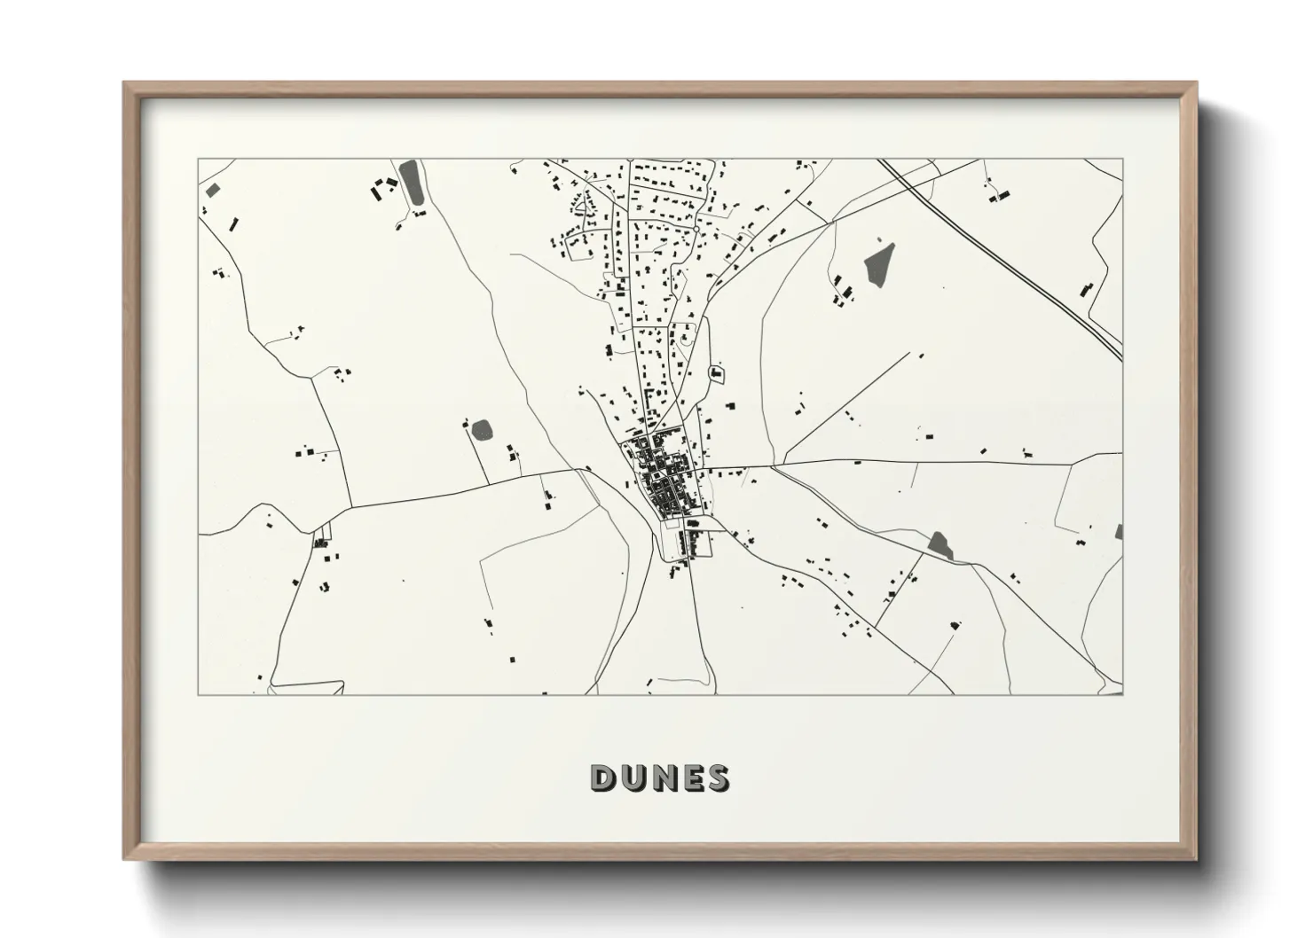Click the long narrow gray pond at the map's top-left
pyautogui.click(x=411, y=183)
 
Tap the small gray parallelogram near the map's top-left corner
pyautogui.click(x=212, y=190)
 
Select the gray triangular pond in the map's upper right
pyautogui.click(x=881, y=263)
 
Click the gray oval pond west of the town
pyautogui.click(x=482, y=431)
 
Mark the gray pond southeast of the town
pyautogui.click(x=940, y=546)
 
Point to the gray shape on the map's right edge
pyautogui.click(x=1118, y=532)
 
